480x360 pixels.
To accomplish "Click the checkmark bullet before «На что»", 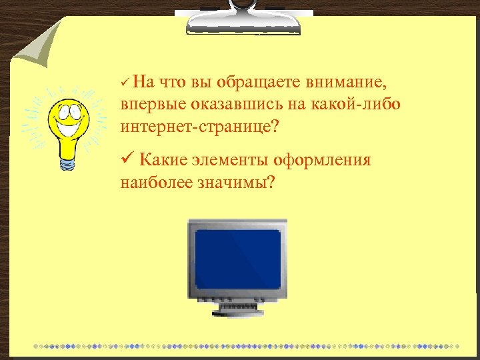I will (125, 83).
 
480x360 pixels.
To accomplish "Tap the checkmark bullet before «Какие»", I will (127, 160).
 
